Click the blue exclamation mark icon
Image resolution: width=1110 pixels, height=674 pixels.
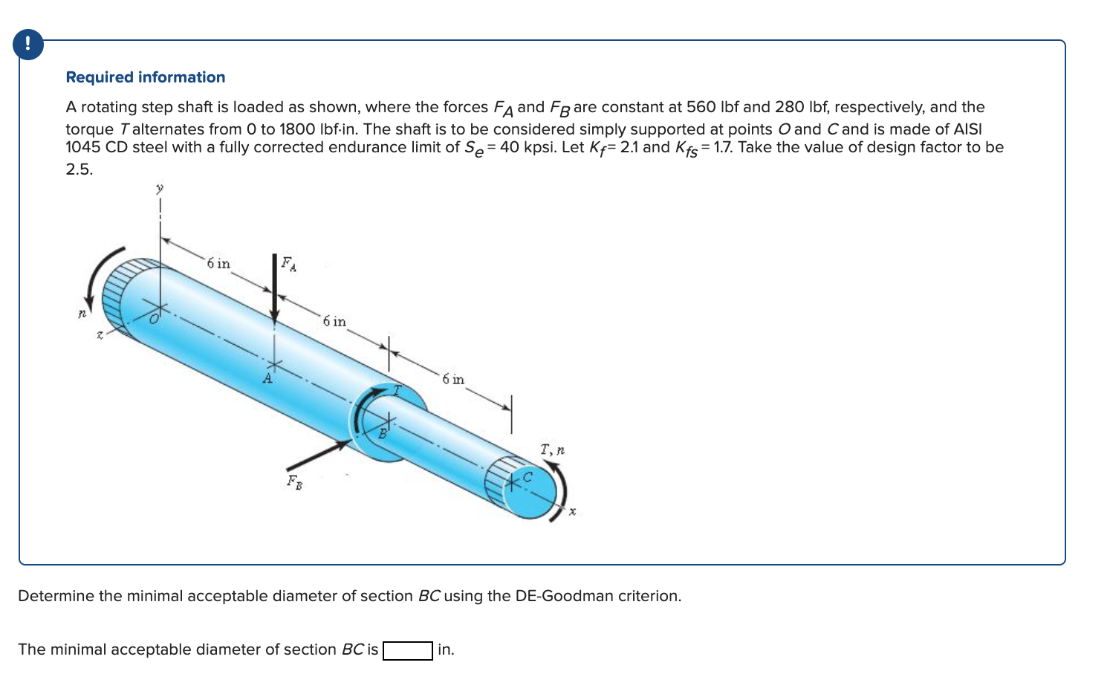coord(28,45)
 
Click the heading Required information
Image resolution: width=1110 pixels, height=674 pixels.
coord(146,77)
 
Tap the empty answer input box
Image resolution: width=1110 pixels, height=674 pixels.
coord(407,650)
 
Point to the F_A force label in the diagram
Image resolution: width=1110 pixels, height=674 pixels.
coord(288,264)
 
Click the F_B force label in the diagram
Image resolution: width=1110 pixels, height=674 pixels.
coord(294,482)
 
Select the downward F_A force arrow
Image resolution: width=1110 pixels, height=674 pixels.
coord(274,290)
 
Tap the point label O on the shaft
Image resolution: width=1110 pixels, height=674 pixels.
coord(154,320)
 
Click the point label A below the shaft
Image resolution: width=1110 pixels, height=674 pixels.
coord(267,378)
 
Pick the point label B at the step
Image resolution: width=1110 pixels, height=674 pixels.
coord(383,433)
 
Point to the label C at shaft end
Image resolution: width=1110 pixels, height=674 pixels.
coord(528,477)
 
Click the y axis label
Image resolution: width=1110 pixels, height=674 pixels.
coord(159,189)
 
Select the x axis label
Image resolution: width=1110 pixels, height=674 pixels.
coord(572,512)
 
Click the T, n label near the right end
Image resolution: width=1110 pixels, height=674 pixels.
coord(552,450)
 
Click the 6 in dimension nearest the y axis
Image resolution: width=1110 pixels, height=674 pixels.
coord(218,264)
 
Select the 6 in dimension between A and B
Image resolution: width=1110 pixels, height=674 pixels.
coord(334,321)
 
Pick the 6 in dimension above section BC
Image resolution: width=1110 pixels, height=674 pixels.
coord(453,379)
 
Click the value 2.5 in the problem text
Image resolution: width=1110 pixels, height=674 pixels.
coord(79,169)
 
